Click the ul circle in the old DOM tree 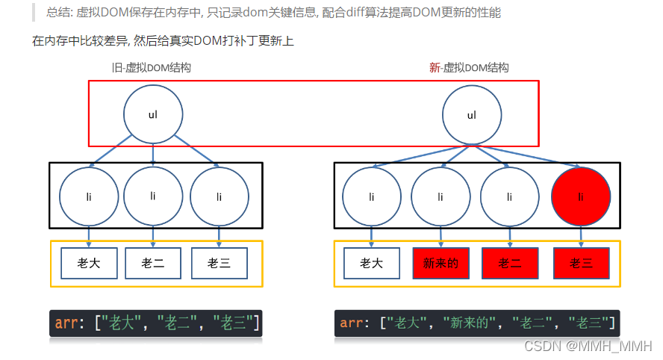click(x=153, y=114)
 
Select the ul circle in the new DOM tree click(x=471, y=115)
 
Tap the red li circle click(x=581, y=196)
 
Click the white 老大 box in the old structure click(x=89, y=263)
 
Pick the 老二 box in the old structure click(x=153, y=263)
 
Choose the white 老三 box click(x=219, y=263)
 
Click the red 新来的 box click(x=441, y=263)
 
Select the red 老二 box click(x=510, y=263)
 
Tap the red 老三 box click(x=581, y=263)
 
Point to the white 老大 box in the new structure click(x=371, y=263)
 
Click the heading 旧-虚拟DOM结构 click(x=151, y=68)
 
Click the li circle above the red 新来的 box click(x=441, y=196)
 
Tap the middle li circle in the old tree click(x=153, y=196)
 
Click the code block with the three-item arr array click(x=157, y=323)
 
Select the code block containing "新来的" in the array click(x=477, y=323)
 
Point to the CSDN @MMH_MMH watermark click(x=588, y=346)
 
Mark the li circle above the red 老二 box click(x=510, y=196)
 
